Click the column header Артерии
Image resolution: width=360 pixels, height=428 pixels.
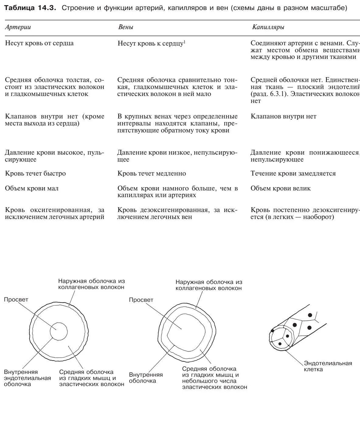coord(18,27)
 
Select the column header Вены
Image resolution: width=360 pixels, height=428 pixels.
coord(126,27)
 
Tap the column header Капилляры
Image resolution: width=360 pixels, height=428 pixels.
coord(268,27)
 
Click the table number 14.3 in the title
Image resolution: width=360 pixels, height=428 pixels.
coord(47,8)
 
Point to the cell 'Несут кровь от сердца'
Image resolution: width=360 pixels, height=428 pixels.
coord(39,43)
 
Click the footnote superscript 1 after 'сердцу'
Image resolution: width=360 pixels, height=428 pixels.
coord(184,42)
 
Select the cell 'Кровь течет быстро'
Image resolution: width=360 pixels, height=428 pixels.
coord(35,173)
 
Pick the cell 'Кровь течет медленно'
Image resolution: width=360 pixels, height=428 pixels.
coord(151,173)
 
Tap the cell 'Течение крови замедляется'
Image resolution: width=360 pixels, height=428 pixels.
coord(293,173)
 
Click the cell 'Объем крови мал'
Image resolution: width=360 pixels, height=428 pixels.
coord(32,188)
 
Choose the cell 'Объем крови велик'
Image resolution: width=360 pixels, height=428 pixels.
coord(280,188)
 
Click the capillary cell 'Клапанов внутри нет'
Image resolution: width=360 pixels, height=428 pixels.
coord(283,116)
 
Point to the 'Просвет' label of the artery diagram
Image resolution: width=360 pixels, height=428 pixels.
coord(16,300)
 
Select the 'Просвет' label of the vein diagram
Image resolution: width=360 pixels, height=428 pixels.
coord(141,300)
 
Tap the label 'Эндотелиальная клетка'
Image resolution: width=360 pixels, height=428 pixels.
coord(328,366)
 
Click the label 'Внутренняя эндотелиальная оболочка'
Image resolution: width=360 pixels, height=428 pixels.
coord(27,378)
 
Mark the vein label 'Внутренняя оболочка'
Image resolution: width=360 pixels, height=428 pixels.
coord(146,378)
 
